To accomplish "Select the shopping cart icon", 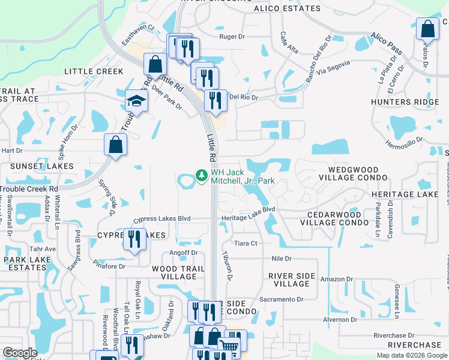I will pos(228,344).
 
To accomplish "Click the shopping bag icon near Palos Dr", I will pos(427,28).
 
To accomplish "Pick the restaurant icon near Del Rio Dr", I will pos(215,99).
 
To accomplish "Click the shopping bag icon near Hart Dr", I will pos(115,145).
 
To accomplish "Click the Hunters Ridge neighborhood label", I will pos(414,103).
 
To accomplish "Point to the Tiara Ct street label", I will pos(246,243).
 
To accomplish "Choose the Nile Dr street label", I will pos(281,259).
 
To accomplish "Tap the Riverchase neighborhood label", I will pos(414,345).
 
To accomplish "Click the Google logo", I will pos(20,353).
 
